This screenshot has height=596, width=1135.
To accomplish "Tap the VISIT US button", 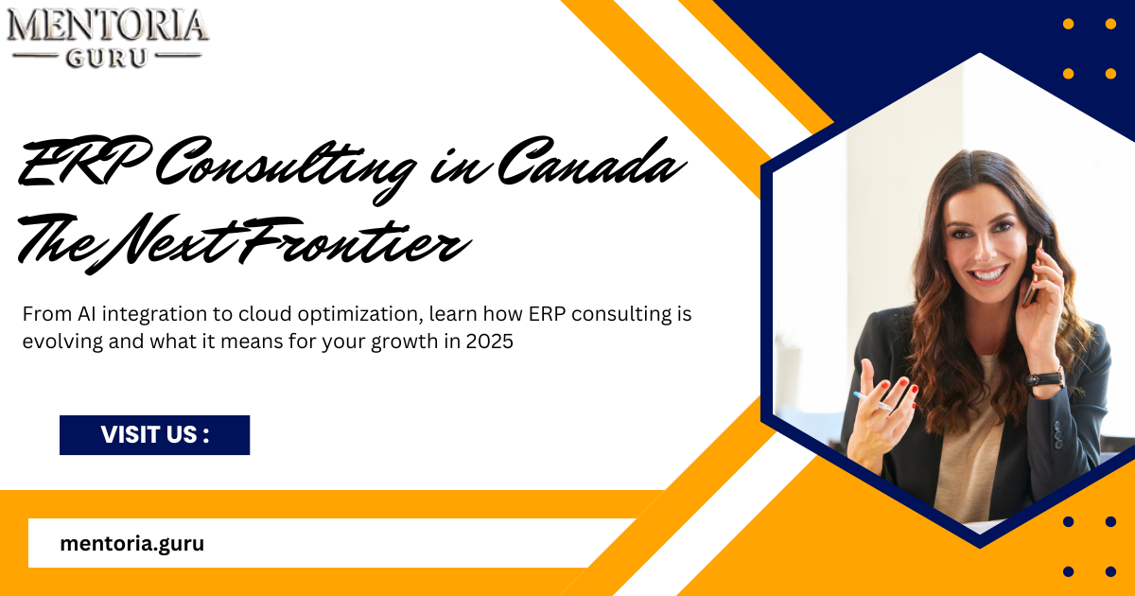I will [154, 435].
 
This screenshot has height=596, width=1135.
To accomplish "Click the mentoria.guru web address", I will [131, 543].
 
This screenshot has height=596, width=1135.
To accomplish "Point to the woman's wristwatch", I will [1044, 379].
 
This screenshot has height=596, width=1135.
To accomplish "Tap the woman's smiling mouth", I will [987, 274].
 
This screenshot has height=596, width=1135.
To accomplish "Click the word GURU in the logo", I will [107, 57].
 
